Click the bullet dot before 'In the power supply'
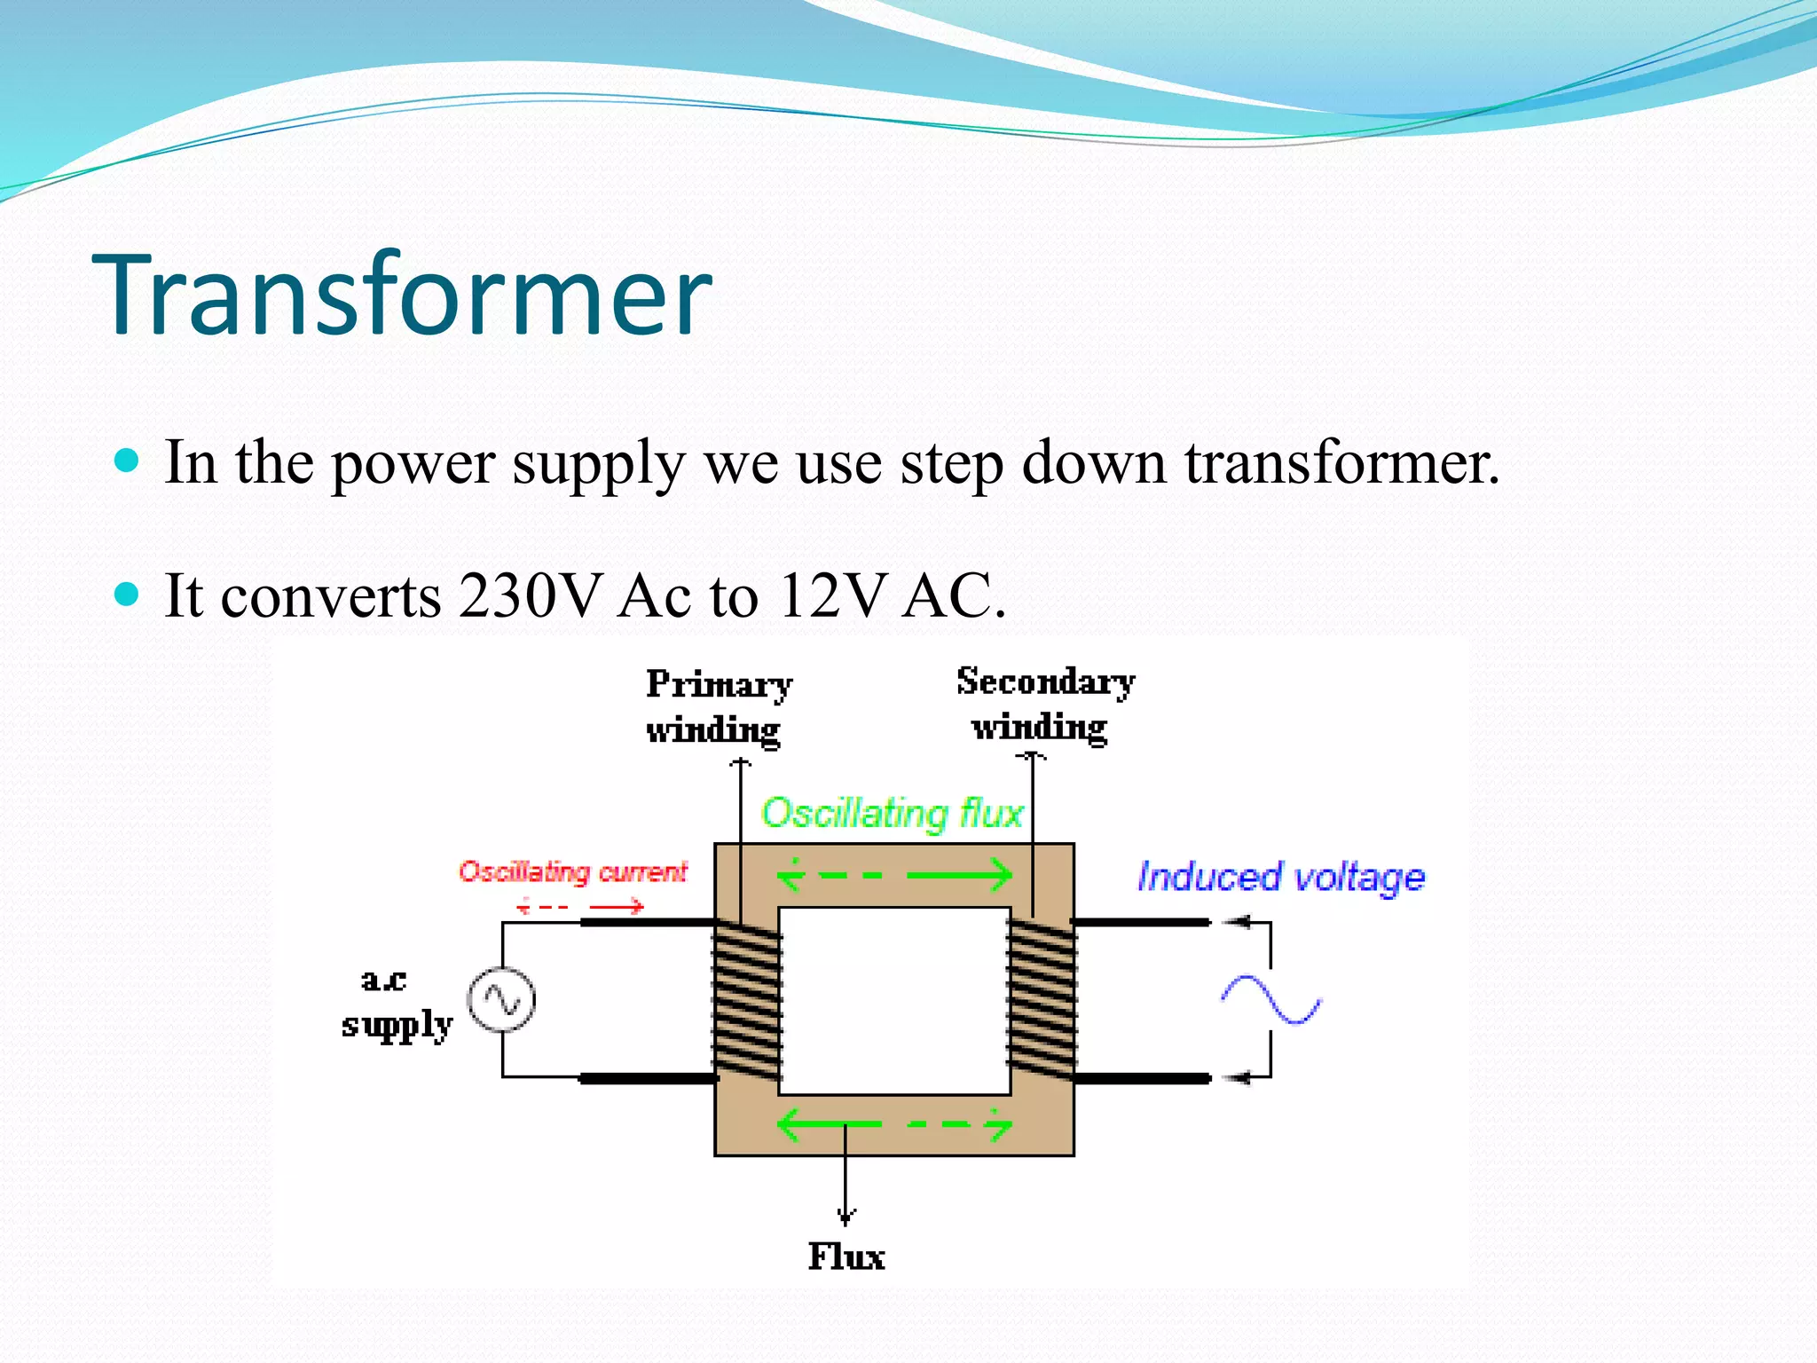tap(128, 461)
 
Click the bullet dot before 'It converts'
tap(128, 594)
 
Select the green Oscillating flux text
tap(891, 813)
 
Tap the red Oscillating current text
tap(572, 872)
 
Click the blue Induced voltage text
tap(1280, 877)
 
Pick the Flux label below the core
tap(846, 1257)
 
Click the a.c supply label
tap(396, 1004)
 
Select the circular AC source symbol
tap(502, 1000)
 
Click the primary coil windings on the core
tap(746, 999)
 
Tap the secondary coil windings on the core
tap(1042, 999)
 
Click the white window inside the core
tap(894, 1000)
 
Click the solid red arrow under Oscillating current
tap(617, 906)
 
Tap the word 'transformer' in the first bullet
tap(1341, 462)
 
